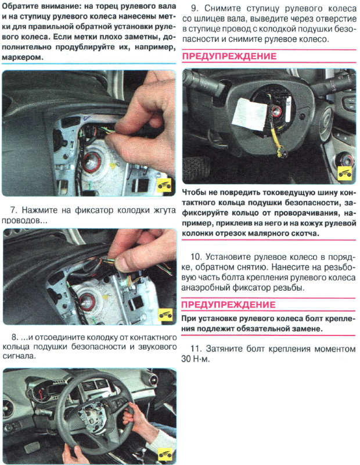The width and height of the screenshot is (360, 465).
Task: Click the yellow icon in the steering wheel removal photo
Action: click(x=167, y=453)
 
